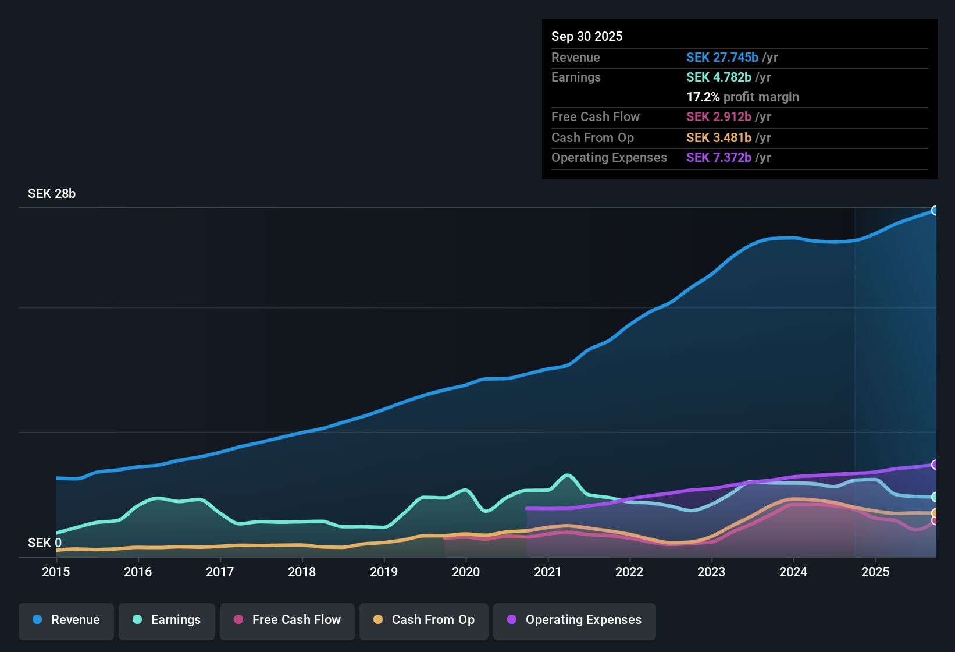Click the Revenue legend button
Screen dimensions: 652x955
[x=66, y=620]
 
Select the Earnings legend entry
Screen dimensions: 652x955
[x=167, y=620]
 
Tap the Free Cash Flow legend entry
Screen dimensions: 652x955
[x=287, y=620]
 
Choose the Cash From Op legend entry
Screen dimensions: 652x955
[x=424, y=620]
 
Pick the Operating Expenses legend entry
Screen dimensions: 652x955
[x=575, y=620]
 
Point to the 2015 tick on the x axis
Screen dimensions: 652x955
[x=56, y=572]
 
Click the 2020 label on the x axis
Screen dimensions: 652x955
[x=466, y=572]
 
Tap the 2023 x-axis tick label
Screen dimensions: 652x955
[x=711, y=572]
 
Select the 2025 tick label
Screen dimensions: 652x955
[x=875, y=572]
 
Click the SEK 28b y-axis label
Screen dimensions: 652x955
[x=52, y=194]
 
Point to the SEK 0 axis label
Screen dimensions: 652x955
[x=45, y=543]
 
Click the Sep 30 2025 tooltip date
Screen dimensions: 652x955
[x=587, y=37]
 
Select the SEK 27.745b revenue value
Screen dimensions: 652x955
[x=722, y=58]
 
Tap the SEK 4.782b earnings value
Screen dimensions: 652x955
[x=719, y=77]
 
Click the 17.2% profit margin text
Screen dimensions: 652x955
[x=743, y=97]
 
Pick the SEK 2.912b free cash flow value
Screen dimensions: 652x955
[x=719, y=117]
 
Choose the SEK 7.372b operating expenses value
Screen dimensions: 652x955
[x=719, y=158]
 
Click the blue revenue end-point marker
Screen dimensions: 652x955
[x=935, y=211]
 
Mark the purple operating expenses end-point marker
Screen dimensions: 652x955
[x=935, y=465]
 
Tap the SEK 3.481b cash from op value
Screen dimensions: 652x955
[x=719, y=138]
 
